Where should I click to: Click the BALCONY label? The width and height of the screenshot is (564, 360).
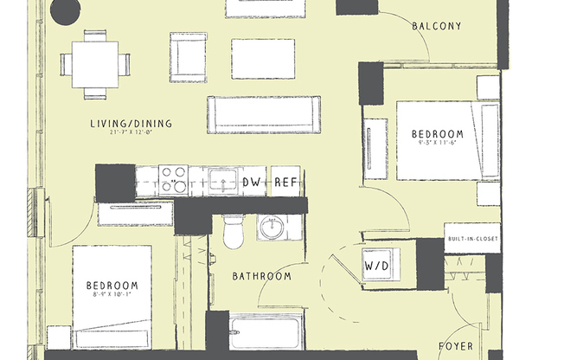tap(437, 26)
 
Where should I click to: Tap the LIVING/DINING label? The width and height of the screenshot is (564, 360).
tap(131, 124)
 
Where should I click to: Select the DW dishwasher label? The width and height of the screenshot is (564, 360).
tap(252, 182)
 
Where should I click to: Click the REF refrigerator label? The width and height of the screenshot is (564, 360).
tap(286, 182)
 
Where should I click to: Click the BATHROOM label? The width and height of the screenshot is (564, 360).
tap(261, 277)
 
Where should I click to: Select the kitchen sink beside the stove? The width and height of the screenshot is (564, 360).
tap(224, 180)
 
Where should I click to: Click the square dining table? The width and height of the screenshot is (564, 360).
tap(95, 63)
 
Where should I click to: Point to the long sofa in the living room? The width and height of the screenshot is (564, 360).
tap(263, 114)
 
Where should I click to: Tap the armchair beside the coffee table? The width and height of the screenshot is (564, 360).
tap(189, 57)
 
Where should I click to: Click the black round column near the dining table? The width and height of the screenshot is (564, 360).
tap(65, 10)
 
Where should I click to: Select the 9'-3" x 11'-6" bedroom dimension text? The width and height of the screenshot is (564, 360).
tap(437, 145)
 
